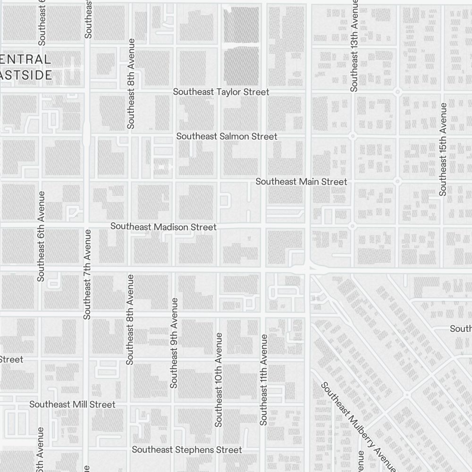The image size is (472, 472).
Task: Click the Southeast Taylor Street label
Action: [221, 92]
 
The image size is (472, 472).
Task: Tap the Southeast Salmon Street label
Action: [227, 136]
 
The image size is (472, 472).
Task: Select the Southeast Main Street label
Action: [301, 182]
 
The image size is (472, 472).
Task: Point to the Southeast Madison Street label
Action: [163, 227]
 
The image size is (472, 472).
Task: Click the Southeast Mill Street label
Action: [72, 405]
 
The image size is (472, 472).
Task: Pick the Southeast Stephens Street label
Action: [187, 450]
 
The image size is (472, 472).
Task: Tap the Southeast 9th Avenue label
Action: [174, 343]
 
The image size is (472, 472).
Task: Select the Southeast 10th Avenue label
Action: [219, 380]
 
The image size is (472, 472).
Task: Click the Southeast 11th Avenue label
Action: [263, 380]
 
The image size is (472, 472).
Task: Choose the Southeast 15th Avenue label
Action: [443, 149]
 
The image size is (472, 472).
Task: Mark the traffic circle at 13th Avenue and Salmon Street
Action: [352, 136]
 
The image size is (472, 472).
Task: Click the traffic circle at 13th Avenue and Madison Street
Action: [352, 227]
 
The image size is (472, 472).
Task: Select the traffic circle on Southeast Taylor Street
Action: [397, 91]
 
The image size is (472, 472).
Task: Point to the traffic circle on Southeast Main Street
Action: [397, 181]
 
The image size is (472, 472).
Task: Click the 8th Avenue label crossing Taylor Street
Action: [131, 84]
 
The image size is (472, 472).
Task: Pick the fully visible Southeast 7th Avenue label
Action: [87, 275]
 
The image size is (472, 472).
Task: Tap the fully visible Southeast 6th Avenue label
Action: [41, 236]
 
